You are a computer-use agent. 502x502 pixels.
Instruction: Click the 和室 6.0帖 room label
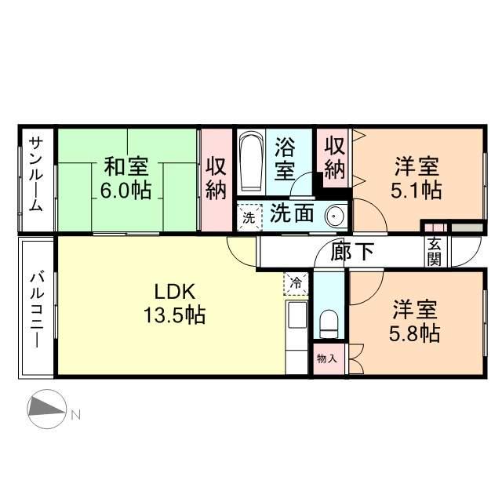(126, 179)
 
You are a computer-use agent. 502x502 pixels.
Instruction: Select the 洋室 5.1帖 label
(417, 179)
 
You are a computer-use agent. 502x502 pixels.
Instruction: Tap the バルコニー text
(36, 308)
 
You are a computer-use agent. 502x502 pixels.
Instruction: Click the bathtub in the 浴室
(250, 162)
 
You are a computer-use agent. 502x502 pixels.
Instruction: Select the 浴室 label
(285, 157)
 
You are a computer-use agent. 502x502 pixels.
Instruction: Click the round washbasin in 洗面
(335, 215)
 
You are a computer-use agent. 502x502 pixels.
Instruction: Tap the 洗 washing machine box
(248, 217)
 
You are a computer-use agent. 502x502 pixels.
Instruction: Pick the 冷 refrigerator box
(296, 282)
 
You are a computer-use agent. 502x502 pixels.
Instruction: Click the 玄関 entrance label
(434, 253)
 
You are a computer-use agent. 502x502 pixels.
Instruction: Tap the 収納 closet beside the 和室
(216, 179)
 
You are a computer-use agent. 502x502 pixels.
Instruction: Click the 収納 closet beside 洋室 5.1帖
(335, 157)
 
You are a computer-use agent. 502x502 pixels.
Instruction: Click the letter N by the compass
(76, 414)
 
